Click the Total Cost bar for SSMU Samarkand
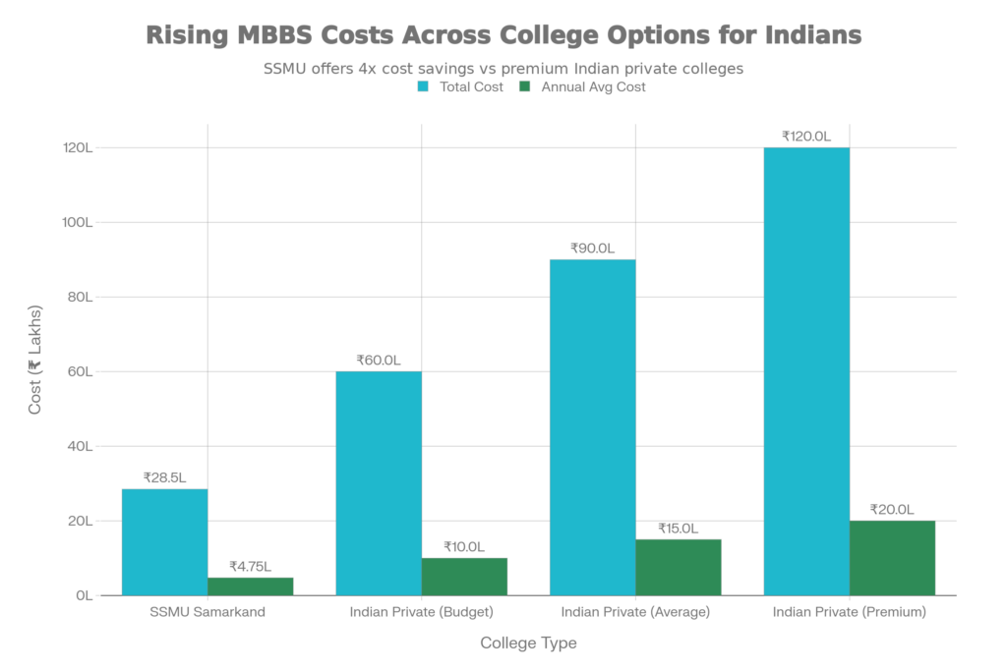164,541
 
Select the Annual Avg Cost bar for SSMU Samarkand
250,586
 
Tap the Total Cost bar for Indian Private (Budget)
379,482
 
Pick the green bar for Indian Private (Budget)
464,576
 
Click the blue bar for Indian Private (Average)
592,426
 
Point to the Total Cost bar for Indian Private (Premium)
806,370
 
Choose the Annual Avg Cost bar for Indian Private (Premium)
893,557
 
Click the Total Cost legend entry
460,86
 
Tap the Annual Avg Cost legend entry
581,86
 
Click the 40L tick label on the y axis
81,446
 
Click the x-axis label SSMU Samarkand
207,613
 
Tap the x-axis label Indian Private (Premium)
850,613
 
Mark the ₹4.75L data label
250,566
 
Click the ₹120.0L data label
806,137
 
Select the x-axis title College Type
528,643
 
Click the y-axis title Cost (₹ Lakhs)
35,372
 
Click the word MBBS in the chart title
282,35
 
